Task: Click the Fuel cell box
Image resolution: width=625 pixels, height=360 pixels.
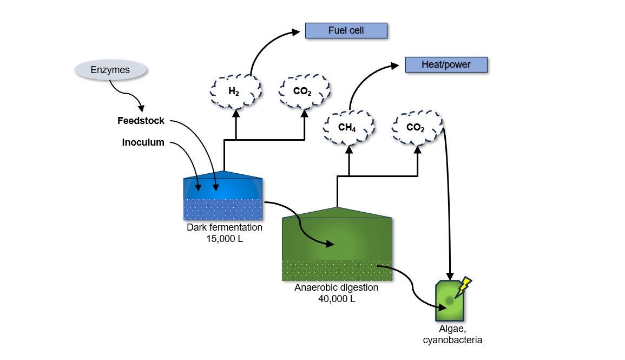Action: [346, 30]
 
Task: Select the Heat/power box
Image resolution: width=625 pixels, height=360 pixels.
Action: [446, 64]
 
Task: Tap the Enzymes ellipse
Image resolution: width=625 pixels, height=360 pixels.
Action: [110, 70]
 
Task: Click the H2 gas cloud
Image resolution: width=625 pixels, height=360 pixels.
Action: [235, 91]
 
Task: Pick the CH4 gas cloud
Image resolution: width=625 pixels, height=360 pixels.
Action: [348, 128]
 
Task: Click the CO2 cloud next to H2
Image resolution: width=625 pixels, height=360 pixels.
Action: [304, 91]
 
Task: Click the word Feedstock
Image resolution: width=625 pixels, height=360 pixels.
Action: [141, 121]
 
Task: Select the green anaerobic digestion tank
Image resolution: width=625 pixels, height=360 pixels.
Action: [337, 246]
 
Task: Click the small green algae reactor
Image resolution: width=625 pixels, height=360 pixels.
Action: [449, 303]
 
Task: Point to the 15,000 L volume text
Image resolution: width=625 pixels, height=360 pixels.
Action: [224, 238]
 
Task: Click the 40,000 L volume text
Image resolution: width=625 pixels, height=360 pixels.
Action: [337, 298]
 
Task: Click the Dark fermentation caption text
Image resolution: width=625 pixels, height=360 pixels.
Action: [224, 227]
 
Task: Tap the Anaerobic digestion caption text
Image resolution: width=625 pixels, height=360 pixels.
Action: [337, 287]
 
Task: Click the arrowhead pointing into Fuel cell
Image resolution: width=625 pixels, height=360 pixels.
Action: [296, 32]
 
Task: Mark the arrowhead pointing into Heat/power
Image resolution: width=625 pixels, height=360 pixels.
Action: [397, 66]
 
